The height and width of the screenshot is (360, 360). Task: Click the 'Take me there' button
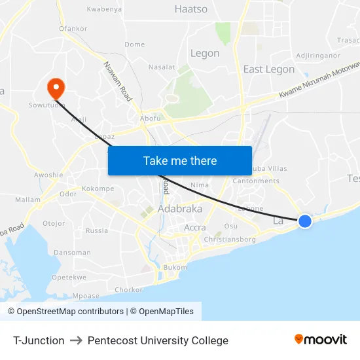coord(180,160)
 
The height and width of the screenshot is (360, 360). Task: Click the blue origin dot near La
coord(305,221)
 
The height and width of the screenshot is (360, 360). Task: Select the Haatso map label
coord(191,9)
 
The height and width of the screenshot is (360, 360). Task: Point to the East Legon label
coord(268,69)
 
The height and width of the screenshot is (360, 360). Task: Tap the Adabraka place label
coord(180,209)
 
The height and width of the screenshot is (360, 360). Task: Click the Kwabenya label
coord(105,10)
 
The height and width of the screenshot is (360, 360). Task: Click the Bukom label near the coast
coord(175,267)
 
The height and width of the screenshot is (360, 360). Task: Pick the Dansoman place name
coord(72,253)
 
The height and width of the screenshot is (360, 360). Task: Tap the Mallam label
coord(27,200)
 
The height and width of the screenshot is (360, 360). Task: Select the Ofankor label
coord(73,29)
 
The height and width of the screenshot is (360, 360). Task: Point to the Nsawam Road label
coord(118,81)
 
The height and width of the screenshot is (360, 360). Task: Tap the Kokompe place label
coord(98,189)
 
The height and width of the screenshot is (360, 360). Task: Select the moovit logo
coord(321,339)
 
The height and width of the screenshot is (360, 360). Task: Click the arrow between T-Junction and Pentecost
coord(76,340)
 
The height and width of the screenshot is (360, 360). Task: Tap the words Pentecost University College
coord(158,340)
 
